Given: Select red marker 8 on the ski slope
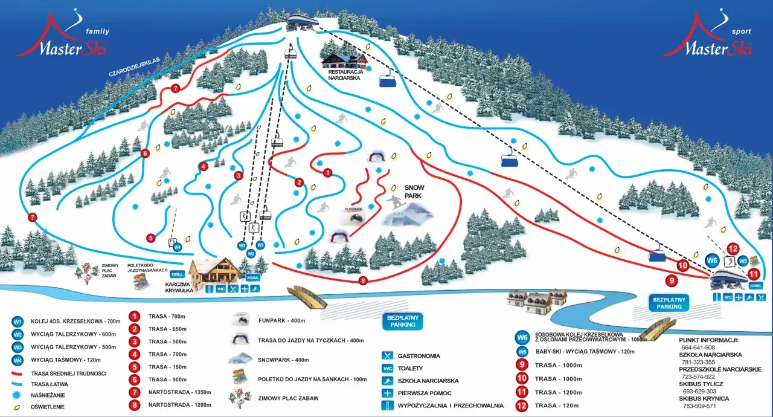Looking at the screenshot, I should point(363,280).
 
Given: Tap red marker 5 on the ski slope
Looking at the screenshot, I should point(150,238).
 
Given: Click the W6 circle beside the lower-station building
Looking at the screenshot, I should point(713,260).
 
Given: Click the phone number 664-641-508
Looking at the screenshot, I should point(698,347).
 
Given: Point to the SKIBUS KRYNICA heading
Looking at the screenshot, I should point(704,398).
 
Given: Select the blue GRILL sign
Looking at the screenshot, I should point(177,273).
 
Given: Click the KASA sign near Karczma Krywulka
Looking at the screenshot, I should point(253,277).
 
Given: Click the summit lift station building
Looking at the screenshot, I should point(303,21).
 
